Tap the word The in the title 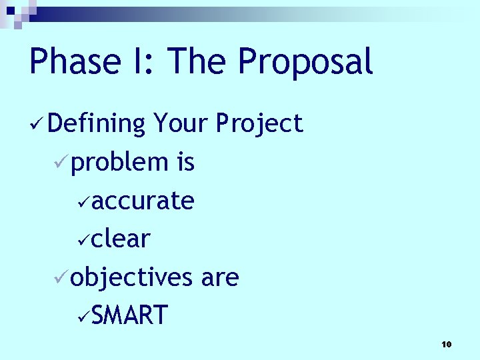(x=197, y=62)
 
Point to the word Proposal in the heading (x=305, y=62)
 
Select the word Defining (x=97, y=124)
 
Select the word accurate (x=143, y=201)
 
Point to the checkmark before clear (x=83, y=239)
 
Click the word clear (x=121, y=239)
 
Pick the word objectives (x=131, y=277)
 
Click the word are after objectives (x=219, y=277)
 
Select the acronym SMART (x=130, y=315)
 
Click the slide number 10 (x=446, y=344)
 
